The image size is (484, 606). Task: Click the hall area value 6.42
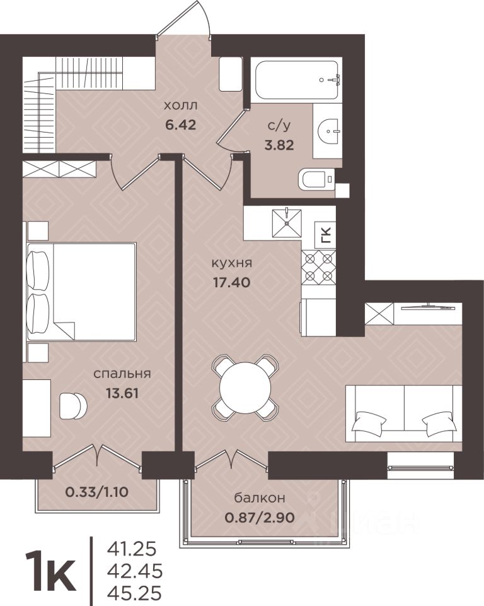point(181,125)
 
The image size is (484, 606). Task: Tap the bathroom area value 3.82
point(279,145)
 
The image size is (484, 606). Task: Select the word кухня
point(231,263)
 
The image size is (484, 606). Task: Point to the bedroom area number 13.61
point(122,393)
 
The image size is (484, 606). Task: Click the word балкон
point(260,498)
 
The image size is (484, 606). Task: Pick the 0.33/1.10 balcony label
point(97,492)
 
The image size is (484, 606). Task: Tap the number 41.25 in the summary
point(133,548)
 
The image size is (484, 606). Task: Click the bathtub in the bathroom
point(296,80)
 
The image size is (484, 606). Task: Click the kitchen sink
point(287,223)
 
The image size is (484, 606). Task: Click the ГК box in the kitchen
point(326,235)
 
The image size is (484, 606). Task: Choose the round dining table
point(246,386)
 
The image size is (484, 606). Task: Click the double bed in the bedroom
point(81,292)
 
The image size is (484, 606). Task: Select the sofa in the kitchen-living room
point(404,413)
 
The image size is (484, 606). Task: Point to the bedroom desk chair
point(73,405)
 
